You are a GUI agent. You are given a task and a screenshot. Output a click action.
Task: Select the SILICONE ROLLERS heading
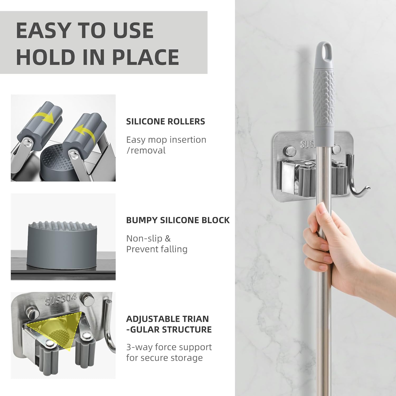click(x=165, y=121)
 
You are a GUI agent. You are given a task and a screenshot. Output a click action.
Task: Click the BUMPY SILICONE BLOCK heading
click(x=178, y=220)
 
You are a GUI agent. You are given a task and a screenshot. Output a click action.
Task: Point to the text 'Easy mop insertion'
click(x=166, y=140)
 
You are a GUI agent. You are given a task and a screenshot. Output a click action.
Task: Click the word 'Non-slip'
click(x=144, y=238)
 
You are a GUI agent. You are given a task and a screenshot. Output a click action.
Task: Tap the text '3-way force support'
click(x=169, y=347)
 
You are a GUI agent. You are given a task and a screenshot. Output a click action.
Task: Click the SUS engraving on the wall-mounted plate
click(x=307, y=144)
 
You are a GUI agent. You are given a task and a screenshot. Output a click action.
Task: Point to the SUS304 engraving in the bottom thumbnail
click(x=61, y=299)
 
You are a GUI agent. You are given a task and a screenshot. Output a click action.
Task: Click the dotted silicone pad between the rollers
click(x=54, y=160)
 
